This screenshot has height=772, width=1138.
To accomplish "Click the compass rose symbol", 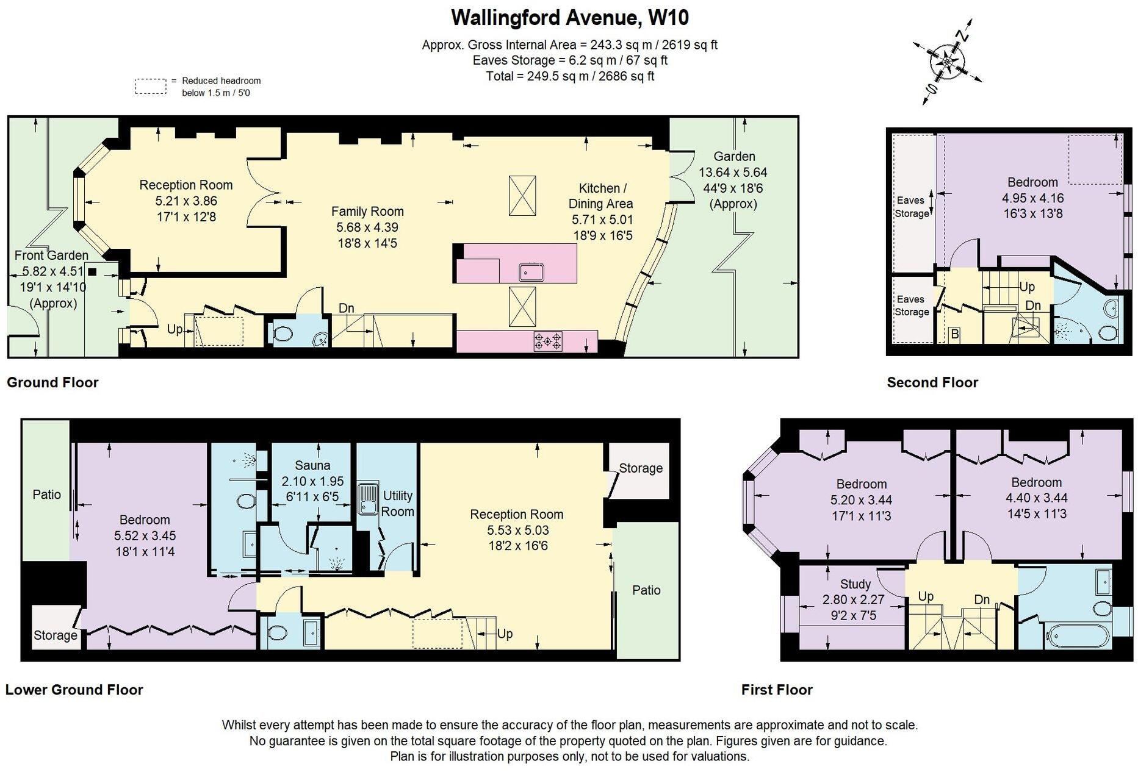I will (946, 61).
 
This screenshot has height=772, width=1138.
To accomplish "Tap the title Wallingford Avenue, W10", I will (569, 18).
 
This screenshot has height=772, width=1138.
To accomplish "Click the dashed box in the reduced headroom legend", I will (150, 87).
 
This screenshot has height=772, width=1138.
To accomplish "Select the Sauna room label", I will (312, 466).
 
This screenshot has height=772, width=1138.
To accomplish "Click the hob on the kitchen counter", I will (548, 341).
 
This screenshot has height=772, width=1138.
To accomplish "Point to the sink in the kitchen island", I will (531, 271).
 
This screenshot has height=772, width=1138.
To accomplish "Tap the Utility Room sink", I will (368, 499).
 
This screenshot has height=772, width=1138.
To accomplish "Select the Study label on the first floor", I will (855, 584).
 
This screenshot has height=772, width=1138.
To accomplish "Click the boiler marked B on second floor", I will (955, 334).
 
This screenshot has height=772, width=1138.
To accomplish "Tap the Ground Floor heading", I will (52, 382).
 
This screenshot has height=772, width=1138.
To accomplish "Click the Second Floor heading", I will (932, 382).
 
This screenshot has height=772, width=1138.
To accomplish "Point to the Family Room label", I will (367, 212).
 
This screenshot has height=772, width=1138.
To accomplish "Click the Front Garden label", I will (51, 256).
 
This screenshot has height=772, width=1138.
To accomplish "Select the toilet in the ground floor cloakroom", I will (283, 334).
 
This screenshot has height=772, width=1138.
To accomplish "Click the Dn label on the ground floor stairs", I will (346, 308).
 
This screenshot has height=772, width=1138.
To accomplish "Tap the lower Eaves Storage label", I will (912, 306).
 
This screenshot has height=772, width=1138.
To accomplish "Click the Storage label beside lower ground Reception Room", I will (640, 468).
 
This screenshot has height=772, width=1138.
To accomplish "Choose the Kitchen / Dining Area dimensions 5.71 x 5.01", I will (602, 220).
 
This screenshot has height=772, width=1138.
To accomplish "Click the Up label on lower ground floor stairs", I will (505, 634).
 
